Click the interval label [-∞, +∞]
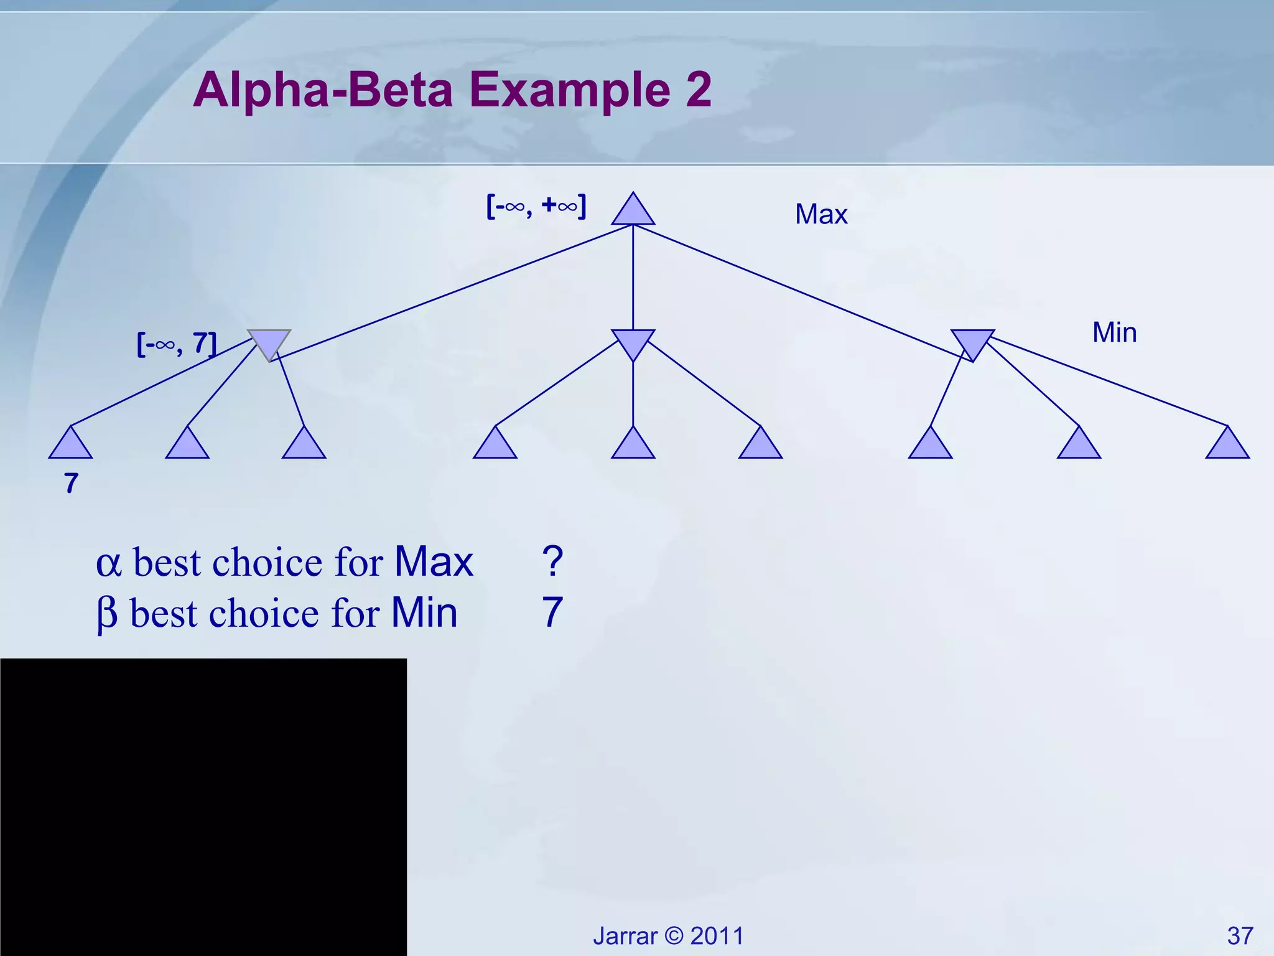click(536, 206)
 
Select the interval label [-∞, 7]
click(177, 344)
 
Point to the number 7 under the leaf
click(71, 484)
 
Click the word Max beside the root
click(821, 215)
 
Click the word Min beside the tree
click(1114, 332)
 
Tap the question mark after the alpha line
click(552, 561)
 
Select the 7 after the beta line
click(552, 612)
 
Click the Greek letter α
click(108, 564)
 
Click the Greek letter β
click(107, 614)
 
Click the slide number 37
click(1240, 936)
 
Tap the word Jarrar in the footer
click(625, 936)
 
